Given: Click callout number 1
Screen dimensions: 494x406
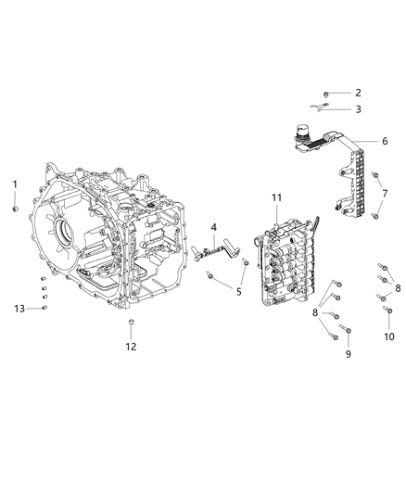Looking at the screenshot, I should click(x=15, y=184).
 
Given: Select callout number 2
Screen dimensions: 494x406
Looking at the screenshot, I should click(x=358, y=93).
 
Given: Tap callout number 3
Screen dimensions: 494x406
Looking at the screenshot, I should click(x=358, y=109).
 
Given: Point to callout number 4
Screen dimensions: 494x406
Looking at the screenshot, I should click(x=212, y=227).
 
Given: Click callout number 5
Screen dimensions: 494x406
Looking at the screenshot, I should click(x=238, y=292).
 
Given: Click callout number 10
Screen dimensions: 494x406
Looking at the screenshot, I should click(x=388, y=336).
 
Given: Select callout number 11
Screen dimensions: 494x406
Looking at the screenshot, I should click(x=276, y=198).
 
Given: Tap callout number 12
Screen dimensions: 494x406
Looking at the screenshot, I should click(x=131, y=347).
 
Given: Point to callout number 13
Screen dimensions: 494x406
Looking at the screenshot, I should click(x=19, y=308).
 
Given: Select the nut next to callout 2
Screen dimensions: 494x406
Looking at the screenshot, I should click(x=327, y=94).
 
